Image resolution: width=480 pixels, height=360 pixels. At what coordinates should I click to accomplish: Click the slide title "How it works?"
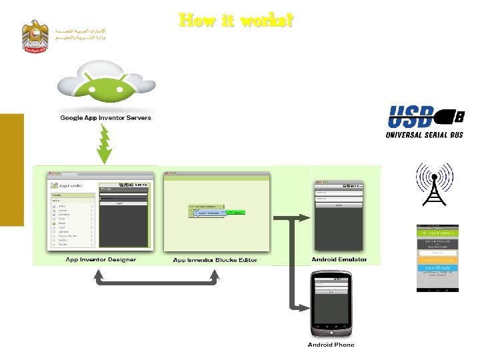tap(236, 21)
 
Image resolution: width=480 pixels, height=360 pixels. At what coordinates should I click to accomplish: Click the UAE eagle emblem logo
tap(35, 37)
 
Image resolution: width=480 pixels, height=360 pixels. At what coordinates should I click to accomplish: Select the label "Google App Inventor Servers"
tap(105, 118)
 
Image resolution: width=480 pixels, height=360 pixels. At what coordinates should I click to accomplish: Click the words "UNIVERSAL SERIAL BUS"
tap(424, 135)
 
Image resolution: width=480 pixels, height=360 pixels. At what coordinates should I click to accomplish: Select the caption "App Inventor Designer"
tap(101, 259)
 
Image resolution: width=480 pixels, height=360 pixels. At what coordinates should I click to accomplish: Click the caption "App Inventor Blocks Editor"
tap(215, 260)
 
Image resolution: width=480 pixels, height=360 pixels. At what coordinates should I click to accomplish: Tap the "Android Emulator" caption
tap(339, 259)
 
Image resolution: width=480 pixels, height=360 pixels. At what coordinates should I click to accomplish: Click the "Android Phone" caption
tap(331, 345)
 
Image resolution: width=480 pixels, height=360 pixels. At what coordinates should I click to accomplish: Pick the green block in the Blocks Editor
tap(237, 213)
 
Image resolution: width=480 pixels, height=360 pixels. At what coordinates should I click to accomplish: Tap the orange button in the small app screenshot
tap(437, 259)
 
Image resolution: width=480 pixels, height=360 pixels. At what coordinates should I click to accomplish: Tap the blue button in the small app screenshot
tap(437, 267)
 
